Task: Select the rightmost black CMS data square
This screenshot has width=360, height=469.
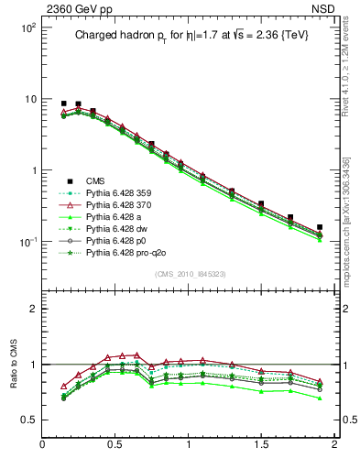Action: point(320,227)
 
